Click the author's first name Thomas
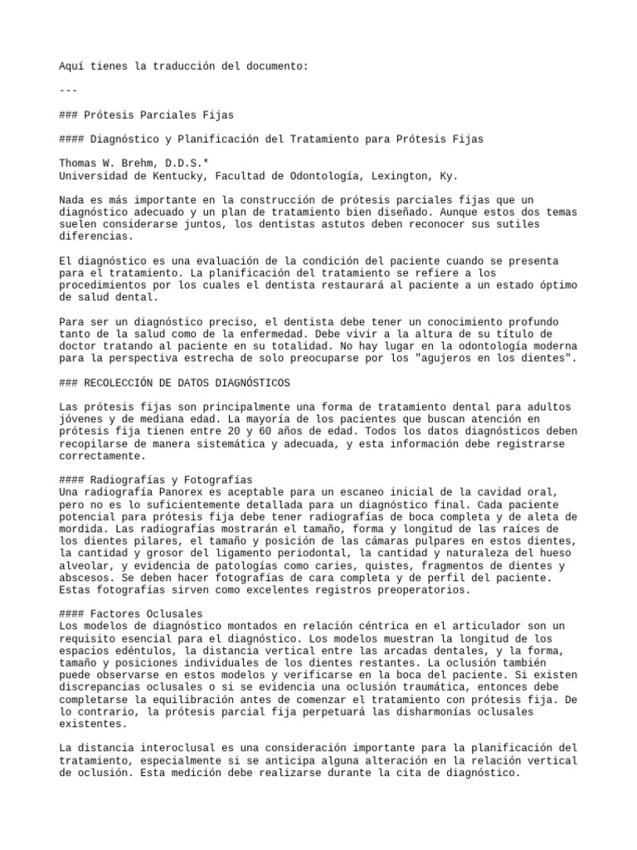pos(80,164)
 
